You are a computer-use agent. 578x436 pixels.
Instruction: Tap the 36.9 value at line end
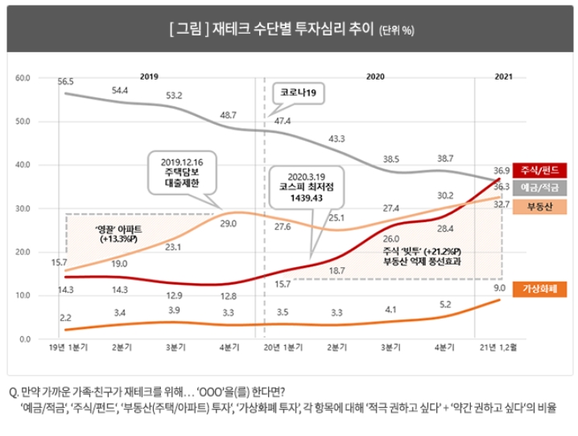point(502,171)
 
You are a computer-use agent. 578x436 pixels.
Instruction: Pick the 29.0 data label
point(229,223)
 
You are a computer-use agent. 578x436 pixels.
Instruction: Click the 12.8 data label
point(229,296)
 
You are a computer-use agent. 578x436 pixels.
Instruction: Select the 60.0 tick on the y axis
point(23,78)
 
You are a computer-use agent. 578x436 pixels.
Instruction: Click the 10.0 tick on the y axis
point(23,295)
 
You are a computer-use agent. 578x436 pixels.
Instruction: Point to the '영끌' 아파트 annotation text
point(94,233)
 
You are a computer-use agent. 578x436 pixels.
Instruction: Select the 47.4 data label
point(283,121)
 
